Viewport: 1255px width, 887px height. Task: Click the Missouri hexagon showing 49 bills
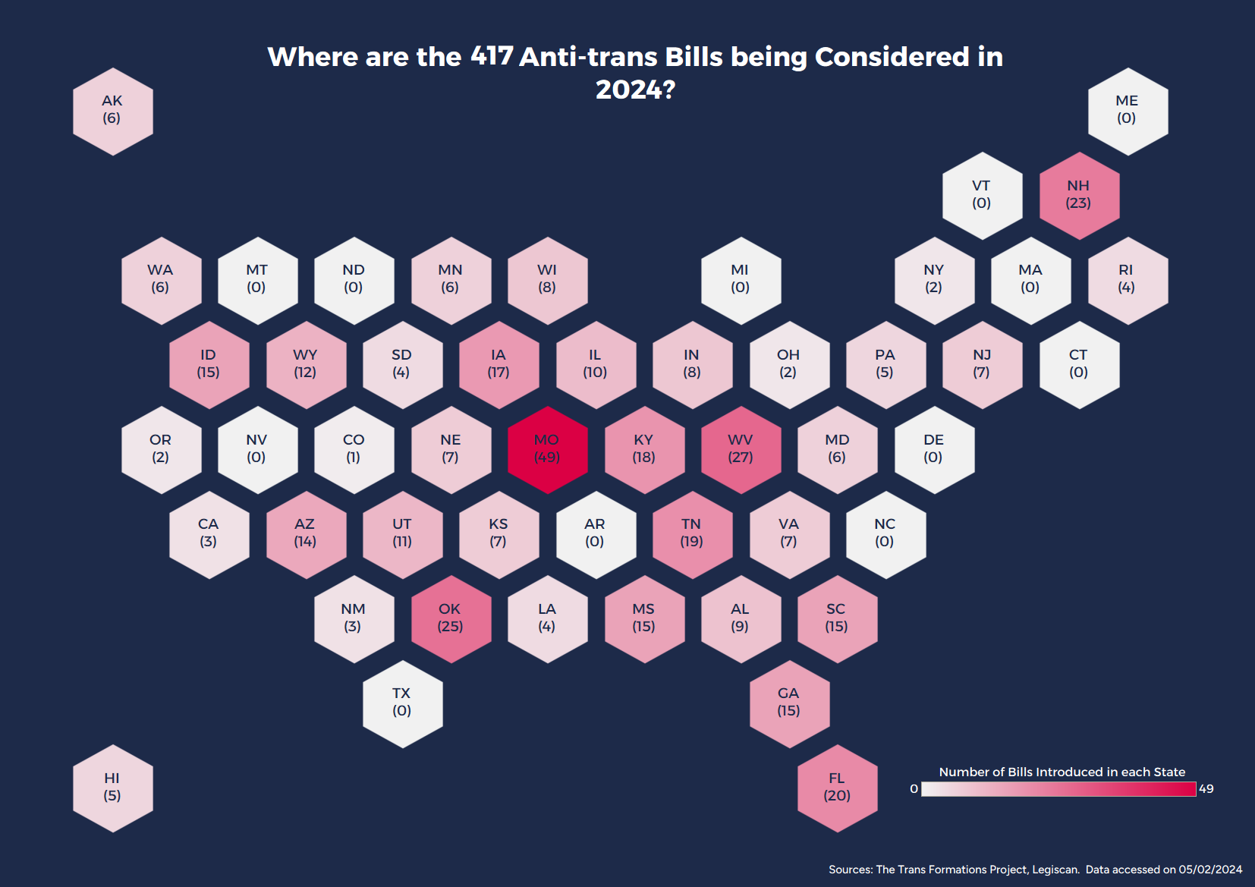point(547,449)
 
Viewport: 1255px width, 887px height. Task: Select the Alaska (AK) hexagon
point(112,111)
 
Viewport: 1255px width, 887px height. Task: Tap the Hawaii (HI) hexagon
point(112,788)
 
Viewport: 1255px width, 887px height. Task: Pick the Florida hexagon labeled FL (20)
point(837,788)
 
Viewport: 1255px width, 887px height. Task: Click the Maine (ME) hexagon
point(1127,111)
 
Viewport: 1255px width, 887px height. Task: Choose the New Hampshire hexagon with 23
point(1078,195)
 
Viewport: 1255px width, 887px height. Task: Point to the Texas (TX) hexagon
point(402,703)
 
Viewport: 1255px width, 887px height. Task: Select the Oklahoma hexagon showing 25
point(451,618)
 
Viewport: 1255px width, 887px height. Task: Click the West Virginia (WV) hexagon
point(741,449)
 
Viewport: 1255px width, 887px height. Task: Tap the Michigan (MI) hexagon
point(741,280)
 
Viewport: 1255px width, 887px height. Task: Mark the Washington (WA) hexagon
point(161,280)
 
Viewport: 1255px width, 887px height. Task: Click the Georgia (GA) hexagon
point(789,703)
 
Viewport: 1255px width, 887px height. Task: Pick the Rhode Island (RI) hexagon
point(1127,280)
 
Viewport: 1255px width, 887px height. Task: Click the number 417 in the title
point(492,56)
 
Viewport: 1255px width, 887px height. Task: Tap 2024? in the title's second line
point(635,90)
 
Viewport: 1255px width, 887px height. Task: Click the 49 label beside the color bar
point(1206,789)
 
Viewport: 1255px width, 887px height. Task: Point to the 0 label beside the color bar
point(914,789)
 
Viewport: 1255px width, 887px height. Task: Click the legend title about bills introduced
point(1062,772)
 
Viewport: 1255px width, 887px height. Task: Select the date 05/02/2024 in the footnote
point(1210,870)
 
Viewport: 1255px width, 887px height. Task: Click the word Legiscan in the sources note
point(1055,870)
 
